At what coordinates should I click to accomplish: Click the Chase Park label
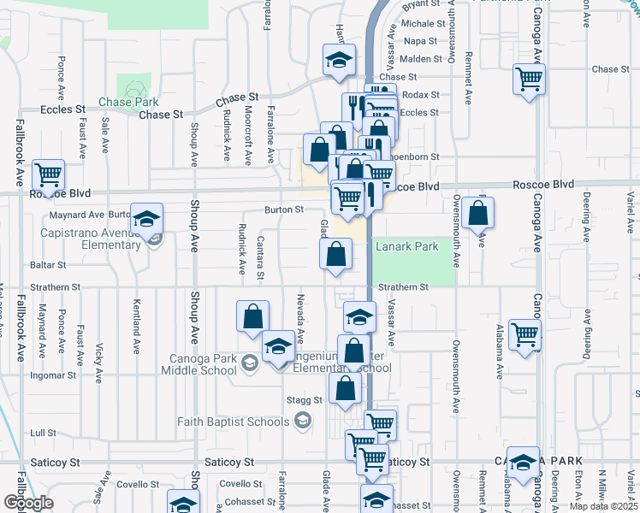point(127,102)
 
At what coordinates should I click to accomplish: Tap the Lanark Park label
point(407,247)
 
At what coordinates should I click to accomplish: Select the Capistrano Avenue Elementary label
point(89,239)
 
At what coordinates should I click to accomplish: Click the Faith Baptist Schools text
point(234,421)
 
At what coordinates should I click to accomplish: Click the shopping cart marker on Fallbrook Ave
point(49,174)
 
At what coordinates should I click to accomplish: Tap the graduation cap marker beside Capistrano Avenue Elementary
point(146,220)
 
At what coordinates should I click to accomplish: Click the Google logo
point(27,502)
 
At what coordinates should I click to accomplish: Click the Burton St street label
point(284,209)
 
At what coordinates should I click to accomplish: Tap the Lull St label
point(43,433)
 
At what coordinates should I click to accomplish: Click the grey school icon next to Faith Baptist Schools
point(301,420)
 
